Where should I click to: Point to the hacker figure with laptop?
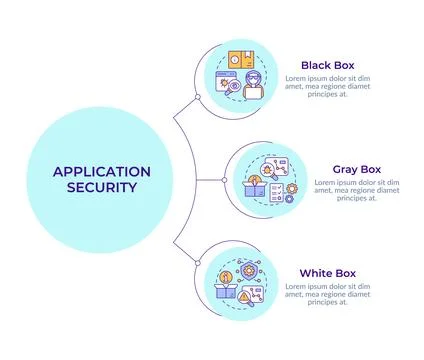(253, 86)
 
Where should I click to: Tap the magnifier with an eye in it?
(232, 87)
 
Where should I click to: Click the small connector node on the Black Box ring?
(198, 96)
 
